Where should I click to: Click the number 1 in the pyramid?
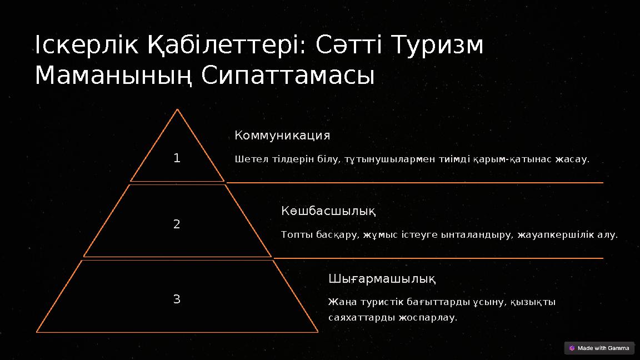tap(177, 158)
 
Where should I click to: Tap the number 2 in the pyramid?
tap(177, 224)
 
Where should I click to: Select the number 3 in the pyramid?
tap(177, 299)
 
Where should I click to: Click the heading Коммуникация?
tap(282, 136)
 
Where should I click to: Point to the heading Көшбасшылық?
tap(328, 211)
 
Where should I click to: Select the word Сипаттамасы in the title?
tap(288, 76)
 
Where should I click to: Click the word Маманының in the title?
tap(114, 76)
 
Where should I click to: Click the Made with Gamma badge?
tap(599, 348)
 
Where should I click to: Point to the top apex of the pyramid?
tap(177, 109)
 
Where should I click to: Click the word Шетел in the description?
tap(248, 159)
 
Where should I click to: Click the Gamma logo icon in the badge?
tap(572, 348)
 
